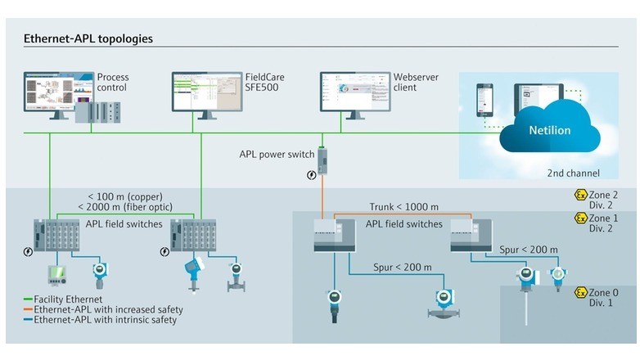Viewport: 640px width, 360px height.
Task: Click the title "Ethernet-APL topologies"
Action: tap(88, 38)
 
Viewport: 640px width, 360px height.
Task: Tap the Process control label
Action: tap(113, 83)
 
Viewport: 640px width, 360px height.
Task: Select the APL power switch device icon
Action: tap(322, 160)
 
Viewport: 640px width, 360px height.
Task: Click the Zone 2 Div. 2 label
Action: tap(606, 200)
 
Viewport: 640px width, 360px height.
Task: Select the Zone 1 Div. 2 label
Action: tap(606, 223)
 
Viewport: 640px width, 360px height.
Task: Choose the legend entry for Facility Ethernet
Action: tap(61, 299)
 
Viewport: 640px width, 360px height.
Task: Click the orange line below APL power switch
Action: tap(322, 196)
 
